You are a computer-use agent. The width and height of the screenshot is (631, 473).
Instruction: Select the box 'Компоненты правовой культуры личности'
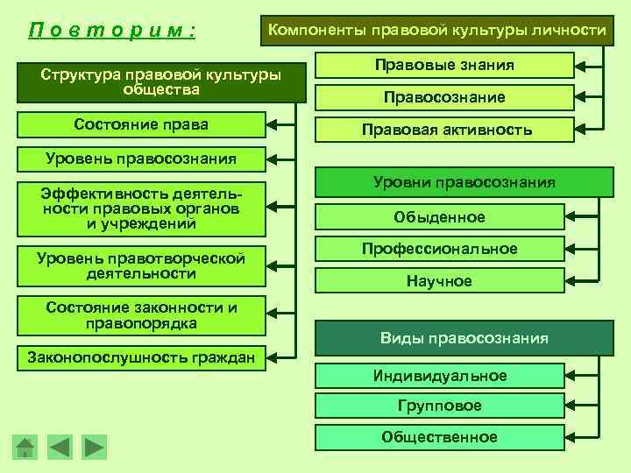pos(436,31)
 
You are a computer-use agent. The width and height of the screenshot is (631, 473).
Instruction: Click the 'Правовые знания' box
pos(444,66)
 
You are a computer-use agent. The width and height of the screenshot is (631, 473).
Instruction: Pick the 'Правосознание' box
pos(444,97)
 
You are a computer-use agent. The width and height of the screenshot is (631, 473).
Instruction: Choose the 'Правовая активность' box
pos(444,130)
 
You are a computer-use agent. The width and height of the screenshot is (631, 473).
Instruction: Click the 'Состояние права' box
pos(141,125)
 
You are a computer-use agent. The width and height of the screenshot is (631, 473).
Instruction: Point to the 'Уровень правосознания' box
pos(141,159)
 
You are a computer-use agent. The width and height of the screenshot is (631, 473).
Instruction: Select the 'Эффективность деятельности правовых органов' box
pos(141,208)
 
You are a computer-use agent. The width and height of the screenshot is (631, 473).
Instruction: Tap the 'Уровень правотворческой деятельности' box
pos(141,265)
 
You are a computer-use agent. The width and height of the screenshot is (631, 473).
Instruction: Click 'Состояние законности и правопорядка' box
pos(141,315)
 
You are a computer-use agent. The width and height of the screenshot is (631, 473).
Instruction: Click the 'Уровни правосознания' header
pos(464,182)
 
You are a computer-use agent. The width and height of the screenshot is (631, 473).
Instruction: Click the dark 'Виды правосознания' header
pos(464,338)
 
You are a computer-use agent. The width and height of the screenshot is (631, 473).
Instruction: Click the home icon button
pos(25,448)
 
